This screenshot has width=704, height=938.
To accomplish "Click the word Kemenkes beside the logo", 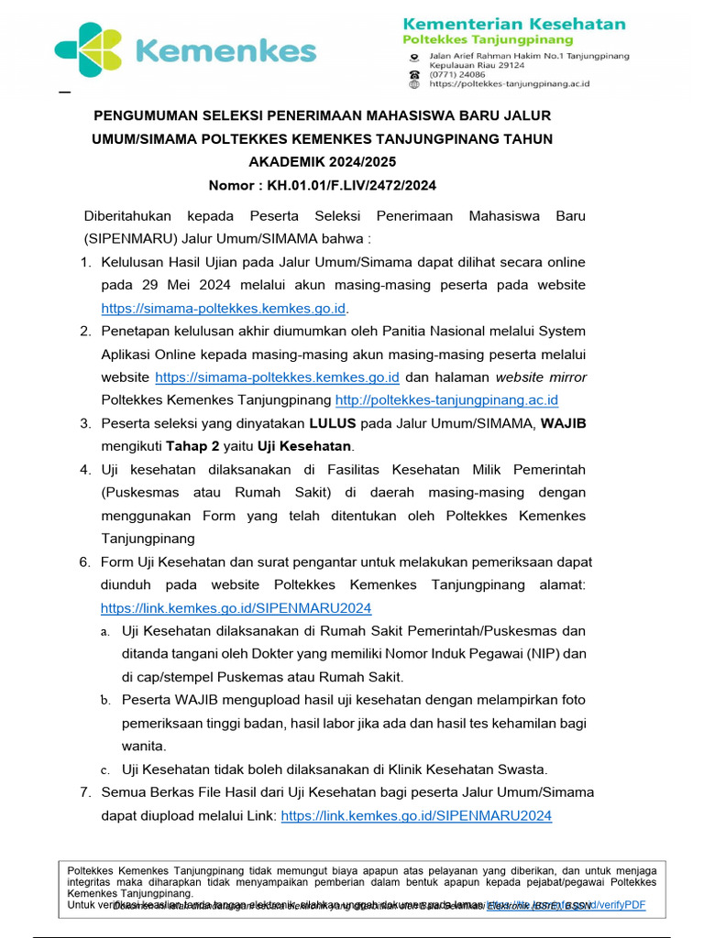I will (x=225, y=51).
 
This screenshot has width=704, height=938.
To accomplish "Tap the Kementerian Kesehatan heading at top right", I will (x=514, y=24).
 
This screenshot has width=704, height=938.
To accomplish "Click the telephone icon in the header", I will (x=414, y=75).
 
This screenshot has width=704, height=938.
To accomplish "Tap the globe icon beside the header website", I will (x=414, y=84).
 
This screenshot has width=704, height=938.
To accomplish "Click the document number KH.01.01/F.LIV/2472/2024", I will (x=351, y=185).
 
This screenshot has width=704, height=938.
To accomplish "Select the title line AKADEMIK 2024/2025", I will (x=322, y=162).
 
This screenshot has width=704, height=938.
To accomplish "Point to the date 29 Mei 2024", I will (x=182, y=285).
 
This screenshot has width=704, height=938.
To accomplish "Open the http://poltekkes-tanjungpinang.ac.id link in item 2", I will (x=446, y=400).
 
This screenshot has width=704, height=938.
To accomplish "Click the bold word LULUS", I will (x=332, y=423).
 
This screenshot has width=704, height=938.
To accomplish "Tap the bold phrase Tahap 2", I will (x=192, y=446).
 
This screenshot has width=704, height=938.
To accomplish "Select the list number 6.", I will (x=84, y=562).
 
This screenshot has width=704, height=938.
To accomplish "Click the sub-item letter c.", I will (x=105, y=769).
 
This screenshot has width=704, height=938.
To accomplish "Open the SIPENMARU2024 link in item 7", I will (x=415, y=815).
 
